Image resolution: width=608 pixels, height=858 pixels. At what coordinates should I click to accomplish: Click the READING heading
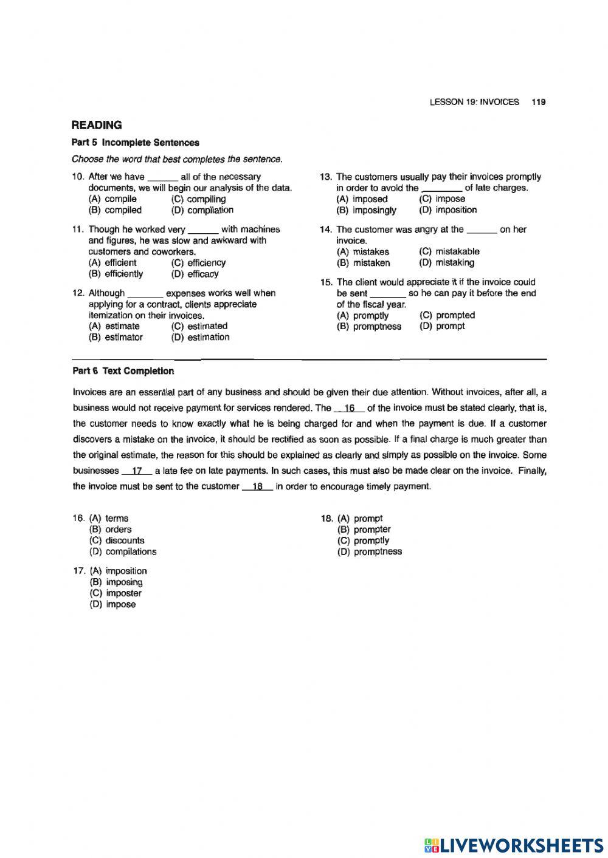click(x=97, y=125)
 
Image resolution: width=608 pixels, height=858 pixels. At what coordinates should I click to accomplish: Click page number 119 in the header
click(x=538, y=102)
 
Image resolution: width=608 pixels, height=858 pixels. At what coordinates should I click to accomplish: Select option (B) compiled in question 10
click(x=115, y=210)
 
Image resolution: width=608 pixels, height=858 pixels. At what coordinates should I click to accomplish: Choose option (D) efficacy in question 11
click(x=195, y=274)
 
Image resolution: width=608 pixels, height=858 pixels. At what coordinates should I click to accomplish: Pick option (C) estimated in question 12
click(x=199, y=326)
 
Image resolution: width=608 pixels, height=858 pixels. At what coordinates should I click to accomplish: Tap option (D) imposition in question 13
click(x=448, y=210)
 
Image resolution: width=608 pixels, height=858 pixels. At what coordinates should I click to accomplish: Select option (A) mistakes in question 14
click(x=363, y=251)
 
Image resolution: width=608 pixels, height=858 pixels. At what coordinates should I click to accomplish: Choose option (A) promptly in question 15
click(x=362, y=316)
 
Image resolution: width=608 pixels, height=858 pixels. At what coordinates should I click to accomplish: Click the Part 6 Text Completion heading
click(x=123, y=371)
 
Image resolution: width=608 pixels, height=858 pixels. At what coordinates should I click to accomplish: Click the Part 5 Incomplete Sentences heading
click(x=135, y=143)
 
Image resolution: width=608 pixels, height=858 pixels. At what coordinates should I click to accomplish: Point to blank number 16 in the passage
click(x=350, y=409)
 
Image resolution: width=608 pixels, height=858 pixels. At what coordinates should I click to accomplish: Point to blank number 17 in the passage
click(x=137, y=471)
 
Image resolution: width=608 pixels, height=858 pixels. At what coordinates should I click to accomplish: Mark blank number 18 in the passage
click(x=257, y=486)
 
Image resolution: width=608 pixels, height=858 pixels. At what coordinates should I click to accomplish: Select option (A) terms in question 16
click(x=109, y=519)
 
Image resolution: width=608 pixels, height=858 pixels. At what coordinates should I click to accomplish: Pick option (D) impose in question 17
click(x=113, y=605)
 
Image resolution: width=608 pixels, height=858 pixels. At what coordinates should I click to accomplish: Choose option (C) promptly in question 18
click(x=364, y=540)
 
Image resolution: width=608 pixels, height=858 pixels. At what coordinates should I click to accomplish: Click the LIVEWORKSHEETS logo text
click(x=521, y=845)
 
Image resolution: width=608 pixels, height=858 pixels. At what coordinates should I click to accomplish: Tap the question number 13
click(x=325, y=177)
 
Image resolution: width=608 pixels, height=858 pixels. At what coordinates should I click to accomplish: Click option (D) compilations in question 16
click(x=123, y=552)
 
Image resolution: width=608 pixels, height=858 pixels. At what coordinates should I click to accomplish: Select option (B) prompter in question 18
click(x=364, y=529)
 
